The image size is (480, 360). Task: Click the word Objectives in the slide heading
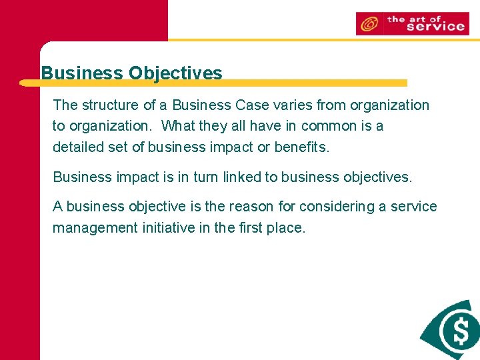pyautogui.click(x=175, y=73)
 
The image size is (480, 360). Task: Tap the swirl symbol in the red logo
pyautogui.click(x=369, y=24)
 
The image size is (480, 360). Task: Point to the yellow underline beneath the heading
pyautogui.click(x=213, y=83)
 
